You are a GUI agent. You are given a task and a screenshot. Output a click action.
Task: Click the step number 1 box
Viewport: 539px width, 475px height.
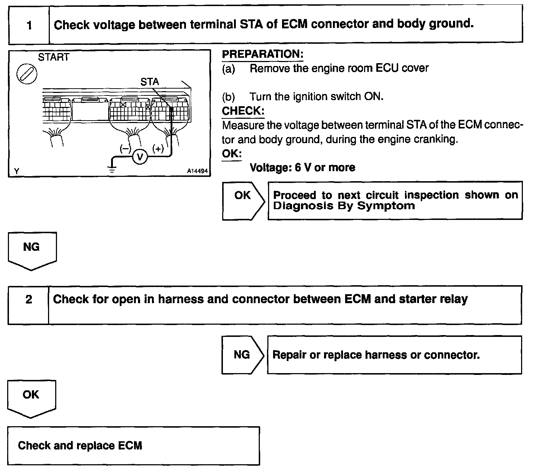click(x=29, y=25)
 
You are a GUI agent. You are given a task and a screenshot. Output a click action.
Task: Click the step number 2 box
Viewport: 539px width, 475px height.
click(x=29, y=300)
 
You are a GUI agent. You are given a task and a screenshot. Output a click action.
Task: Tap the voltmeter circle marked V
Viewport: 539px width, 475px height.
click(x=140, y=157)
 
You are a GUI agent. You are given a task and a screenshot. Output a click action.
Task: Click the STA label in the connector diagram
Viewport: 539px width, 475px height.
click(x=149, y=82)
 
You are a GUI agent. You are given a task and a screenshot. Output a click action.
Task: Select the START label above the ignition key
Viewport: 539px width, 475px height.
click(x=54, y=57)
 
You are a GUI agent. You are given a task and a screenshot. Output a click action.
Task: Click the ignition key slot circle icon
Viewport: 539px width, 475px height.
click(x=27, y=75)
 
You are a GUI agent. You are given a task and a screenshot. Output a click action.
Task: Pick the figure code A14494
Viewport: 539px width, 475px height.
click(x=197, y=171)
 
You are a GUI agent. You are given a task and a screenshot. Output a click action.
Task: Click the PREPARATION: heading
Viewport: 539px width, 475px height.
click(x=263, y=55)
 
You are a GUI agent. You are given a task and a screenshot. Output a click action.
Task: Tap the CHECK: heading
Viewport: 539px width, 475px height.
click(x=243, y=111)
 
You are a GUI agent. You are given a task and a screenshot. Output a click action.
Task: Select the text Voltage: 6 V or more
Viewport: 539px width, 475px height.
click(x=302, y=168)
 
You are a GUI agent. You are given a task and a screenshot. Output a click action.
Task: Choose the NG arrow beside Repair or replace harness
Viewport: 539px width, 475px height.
click(x=242, y=355)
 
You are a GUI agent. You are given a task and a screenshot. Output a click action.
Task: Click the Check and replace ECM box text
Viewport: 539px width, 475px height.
click(x=80, y=446)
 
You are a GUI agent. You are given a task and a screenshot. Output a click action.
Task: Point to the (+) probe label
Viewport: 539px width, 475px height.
click(x=158, y=148)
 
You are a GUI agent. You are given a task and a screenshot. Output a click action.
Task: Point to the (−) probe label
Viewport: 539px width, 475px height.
click(x=125, y=149)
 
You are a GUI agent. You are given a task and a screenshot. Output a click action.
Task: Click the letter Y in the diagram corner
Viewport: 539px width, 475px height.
click(x=16, y=171)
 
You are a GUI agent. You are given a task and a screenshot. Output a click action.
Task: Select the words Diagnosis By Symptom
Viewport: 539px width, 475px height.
click(x=344, y=206)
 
